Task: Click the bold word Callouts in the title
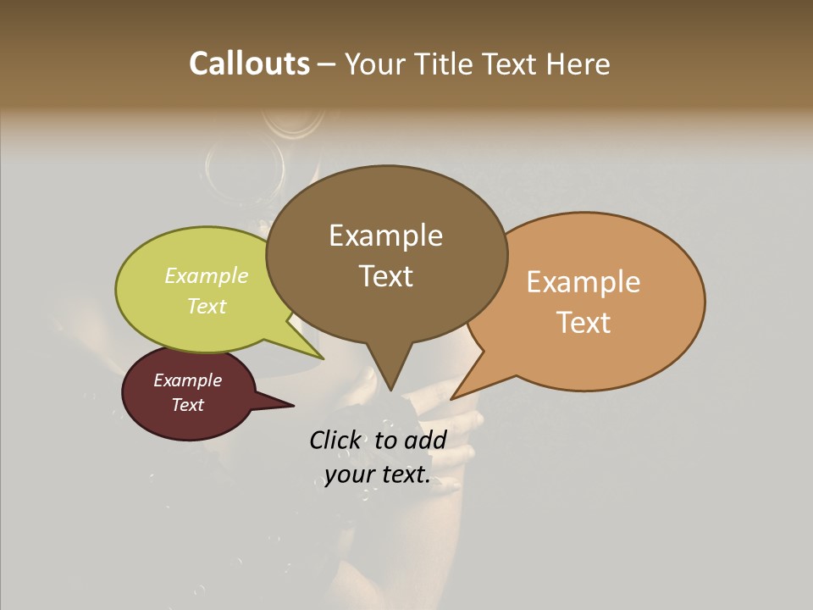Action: coord(249,64)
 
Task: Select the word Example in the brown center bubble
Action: coord(385,236)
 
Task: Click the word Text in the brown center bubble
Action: coord(385,275)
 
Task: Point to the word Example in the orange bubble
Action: coord(583,282)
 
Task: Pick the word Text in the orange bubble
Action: coord(583,322)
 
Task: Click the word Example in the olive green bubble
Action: coord(207,275)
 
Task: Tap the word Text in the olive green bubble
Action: coord(207,306)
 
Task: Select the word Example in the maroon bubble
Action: coord(188,380)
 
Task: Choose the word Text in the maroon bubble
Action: coord(188,405)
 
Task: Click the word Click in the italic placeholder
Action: coord(337,440)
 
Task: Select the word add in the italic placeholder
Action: coord(426,440)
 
